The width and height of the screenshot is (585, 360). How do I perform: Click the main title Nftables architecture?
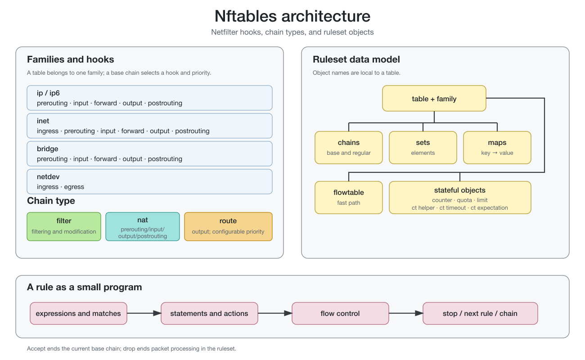pos(292,16)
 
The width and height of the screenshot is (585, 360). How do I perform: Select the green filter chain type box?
pos(64,226)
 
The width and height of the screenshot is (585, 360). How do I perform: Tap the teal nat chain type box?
pos(143,226)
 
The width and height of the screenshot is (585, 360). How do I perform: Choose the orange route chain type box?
pos(228,226)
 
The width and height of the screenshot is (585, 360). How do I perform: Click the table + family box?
pos(434,99)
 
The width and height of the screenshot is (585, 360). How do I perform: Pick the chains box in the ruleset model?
pos(349,148)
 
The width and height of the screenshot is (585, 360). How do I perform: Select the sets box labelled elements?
pos(423,148)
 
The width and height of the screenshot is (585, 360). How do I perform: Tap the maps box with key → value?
pos(497,148)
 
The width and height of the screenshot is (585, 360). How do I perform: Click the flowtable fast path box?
pos(349,198)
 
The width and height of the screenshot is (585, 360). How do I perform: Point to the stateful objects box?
pos(460,198)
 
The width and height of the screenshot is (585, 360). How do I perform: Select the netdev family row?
pos(150,181)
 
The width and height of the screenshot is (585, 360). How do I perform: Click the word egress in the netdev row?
pos(74,187)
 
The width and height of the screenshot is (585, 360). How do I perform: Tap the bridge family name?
pos(48,149)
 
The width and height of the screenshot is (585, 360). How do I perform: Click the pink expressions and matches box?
pos(78,314)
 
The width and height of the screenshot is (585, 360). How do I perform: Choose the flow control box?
pos(340,314)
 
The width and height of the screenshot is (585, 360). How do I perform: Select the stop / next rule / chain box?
pos(480,314)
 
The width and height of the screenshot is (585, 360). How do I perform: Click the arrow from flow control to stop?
pos(406,313)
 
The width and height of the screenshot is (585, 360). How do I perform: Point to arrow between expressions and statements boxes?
pos(144,313)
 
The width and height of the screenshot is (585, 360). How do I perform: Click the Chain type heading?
pos(51,201)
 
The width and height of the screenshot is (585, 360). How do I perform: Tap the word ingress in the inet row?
pos(48,131)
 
